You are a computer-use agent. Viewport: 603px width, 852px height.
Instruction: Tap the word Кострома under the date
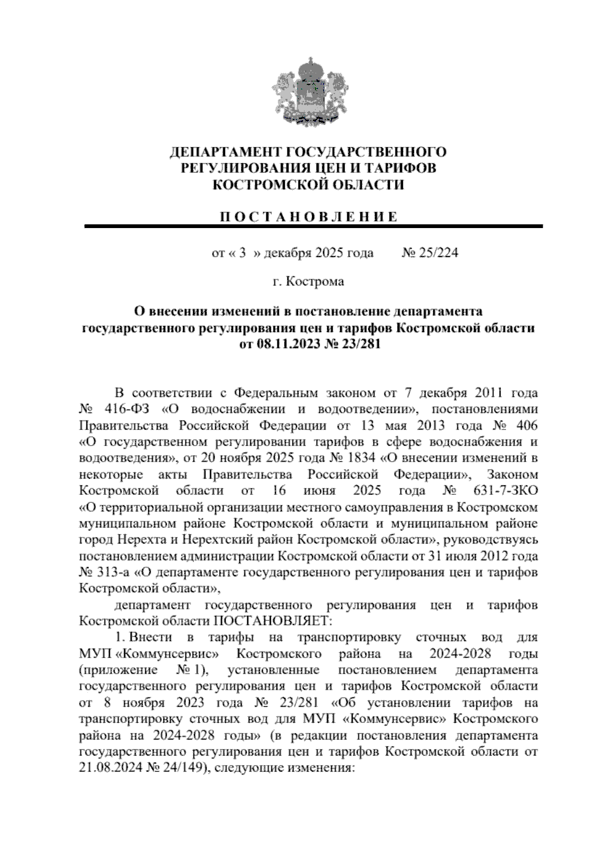tap(315, 281)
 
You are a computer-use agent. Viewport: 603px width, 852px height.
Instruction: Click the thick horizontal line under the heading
tap(314, 227)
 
